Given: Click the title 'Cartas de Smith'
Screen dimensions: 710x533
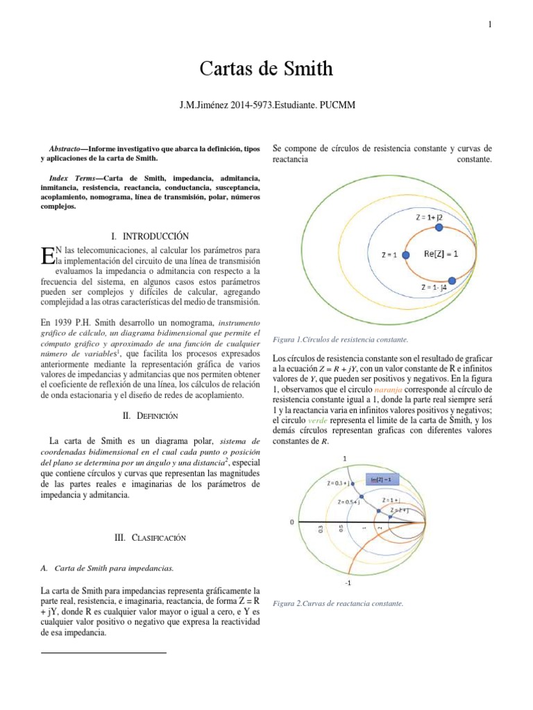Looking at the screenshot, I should tap(266, 69).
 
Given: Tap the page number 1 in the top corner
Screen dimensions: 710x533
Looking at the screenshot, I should tap(489, 25).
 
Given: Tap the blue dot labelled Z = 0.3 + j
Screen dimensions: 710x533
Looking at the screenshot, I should tap(352, 484).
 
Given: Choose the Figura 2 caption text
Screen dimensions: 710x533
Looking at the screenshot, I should tap(339, 604).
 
